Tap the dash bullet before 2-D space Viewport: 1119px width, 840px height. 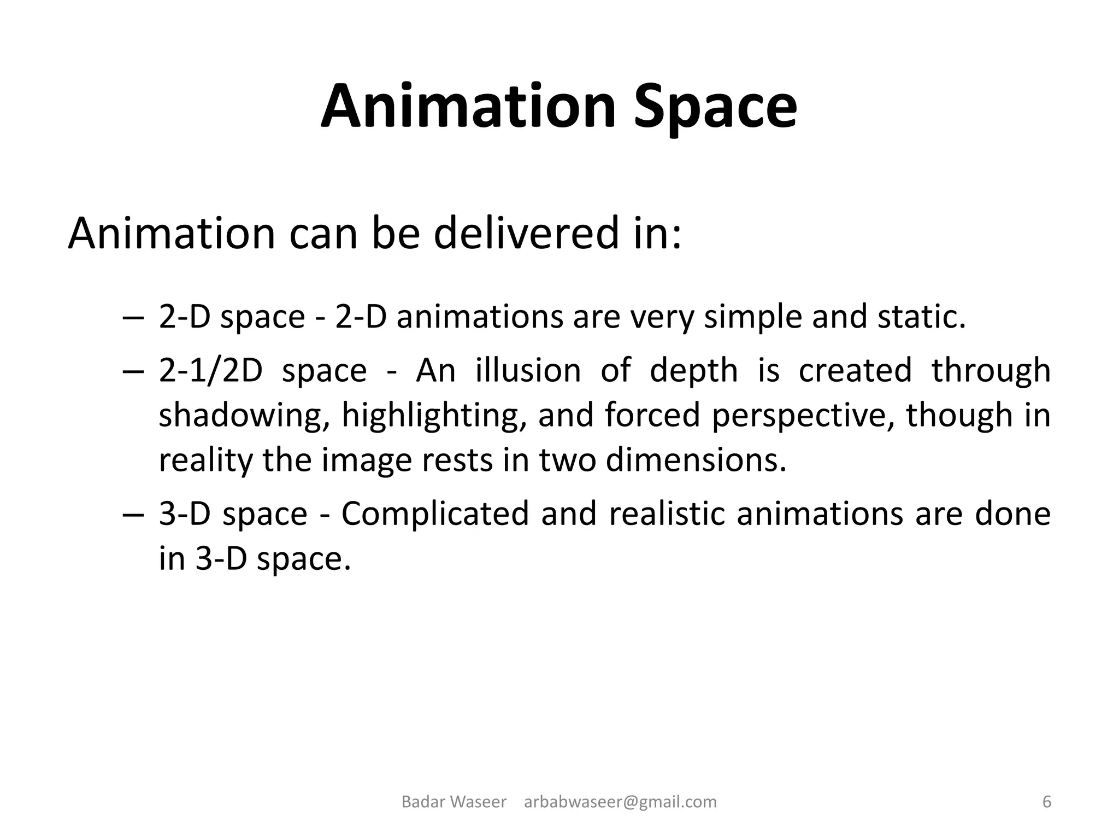coord(133,318)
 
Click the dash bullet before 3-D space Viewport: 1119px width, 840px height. coord(133,515)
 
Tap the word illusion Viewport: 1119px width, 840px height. coord(528,370)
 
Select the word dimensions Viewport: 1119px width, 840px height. coord(696,460)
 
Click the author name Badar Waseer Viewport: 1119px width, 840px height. coord(454,802)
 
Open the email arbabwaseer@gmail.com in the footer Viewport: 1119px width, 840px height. coord(620,802)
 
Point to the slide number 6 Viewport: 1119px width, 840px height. coord(1047,802)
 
